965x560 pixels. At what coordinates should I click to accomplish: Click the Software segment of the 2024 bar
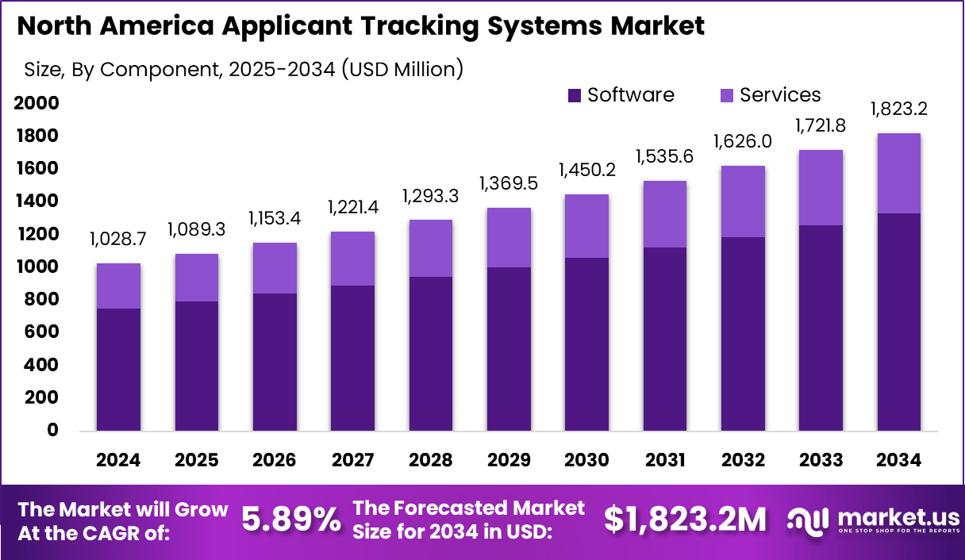click(118, 370)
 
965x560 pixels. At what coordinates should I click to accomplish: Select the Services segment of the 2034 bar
click(899, 173)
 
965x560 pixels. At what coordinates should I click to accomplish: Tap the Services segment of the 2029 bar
click(509, 237)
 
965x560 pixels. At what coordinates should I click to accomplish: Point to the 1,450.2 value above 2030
click(587, 169)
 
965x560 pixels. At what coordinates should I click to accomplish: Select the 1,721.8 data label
click(821, 124)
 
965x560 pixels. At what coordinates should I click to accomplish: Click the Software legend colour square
click(575, 96)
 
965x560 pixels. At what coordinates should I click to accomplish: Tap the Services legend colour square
click(727, 96)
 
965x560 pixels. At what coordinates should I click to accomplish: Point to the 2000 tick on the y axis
click(37, 103)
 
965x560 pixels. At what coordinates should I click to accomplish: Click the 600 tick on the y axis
click(41, 332)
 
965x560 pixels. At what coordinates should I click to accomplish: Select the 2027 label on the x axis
click(352, 461)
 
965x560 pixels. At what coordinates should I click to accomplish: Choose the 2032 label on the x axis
click(743, 461)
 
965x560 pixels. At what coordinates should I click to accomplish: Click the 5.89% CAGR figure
click(290, 520)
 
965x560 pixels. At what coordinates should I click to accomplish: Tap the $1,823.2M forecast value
click(685, 520)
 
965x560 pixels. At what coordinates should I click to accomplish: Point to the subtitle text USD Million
click(404, 69)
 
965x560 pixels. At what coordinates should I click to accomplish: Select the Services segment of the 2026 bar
click(275, 268)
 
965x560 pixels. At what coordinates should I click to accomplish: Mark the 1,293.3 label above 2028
click(431, 194)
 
